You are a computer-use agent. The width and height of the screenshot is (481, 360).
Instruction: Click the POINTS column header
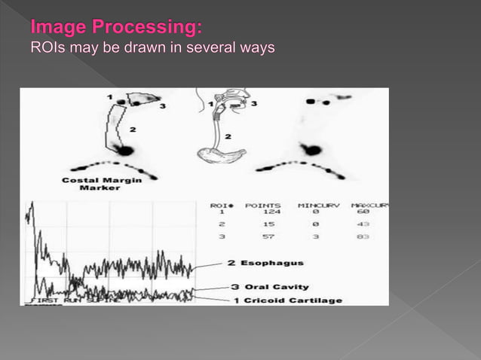(x=264, y=204)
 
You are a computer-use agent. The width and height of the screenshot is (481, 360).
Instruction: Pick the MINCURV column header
(x=317, y=204)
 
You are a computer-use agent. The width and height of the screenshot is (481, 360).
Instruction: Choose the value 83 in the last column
(x=363, y=237)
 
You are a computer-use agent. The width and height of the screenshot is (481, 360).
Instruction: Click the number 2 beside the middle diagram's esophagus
(x=228, y=137)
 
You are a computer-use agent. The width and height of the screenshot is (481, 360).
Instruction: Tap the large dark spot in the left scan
(x=124, y=151)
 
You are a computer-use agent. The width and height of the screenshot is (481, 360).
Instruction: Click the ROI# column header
(x=220, y=204)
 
